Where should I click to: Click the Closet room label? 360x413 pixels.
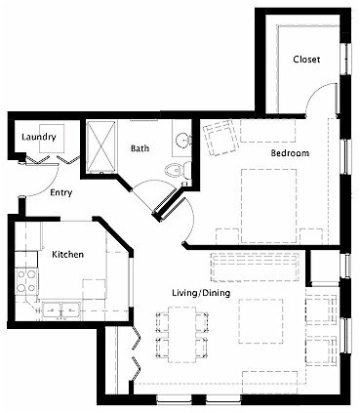click(x=306, y=60)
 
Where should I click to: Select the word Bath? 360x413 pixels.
click(x=140, y=149)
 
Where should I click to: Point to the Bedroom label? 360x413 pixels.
click(x=290, y=153)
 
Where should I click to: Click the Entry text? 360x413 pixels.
click(x=62, y=192)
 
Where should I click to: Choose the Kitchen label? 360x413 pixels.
click(x=67, y=254)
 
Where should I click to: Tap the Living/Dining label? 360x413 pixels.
click(x=201, y=292)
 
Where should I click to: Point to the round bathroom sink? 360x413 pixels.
click(x=183, y=143)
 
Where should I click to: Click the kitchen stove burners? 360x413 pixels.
click(x=26, y=282)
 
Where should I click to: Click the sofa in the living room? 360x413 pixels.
click(x=257, y=264)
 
